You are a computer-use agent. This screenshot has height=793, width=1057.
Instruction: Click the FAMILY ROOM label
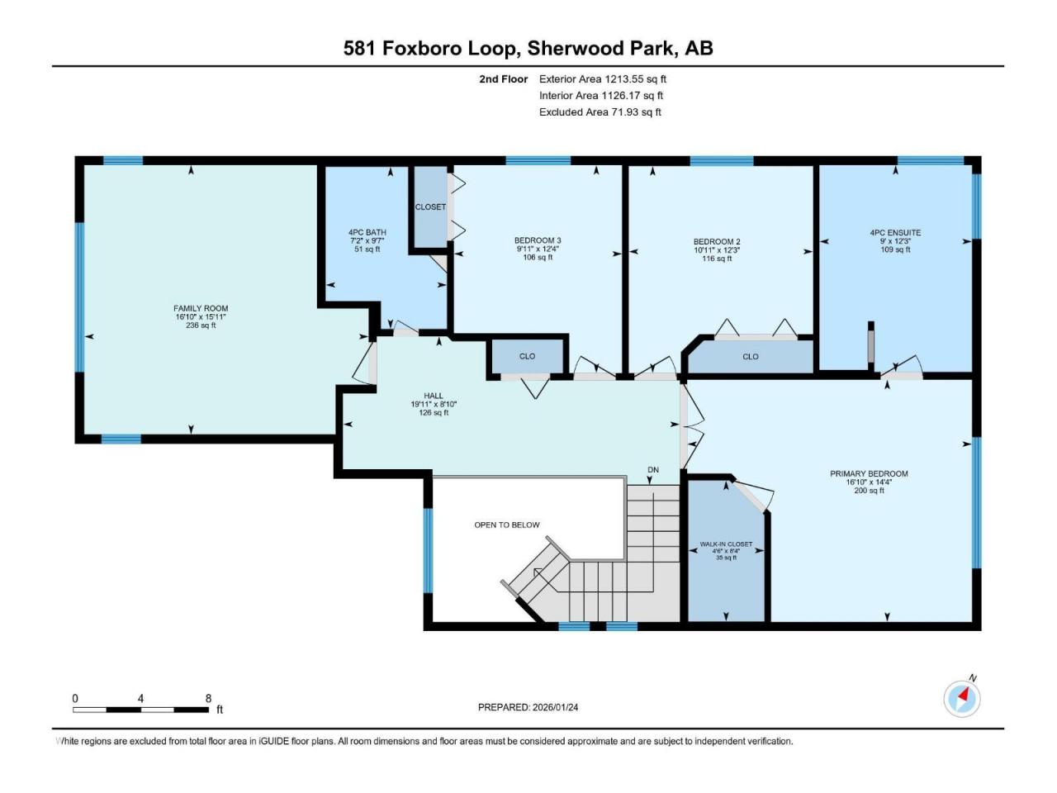tap(201, 308)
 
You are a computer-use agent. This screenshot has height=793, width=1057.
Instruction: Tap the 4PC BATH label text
tap(367, 232)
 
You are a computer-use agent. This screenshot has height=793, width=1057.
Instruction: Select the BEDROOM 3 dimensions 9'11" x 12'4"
tap(538, 249)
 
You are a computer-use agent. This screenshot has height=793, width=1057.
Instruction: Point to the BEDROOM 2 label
tap(717, 242)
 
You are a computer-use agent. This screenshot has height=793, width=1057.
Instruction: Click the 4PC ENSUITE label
tap(895, 233)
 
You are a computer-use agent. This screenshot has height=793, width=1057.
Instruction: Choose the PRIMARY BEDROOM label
tap(869, 474)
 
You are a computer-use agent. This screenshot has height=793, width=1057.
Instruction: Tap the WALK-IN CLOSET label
tap(726, 544)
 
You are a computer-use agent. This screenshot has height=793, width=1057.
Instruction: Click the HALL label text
tap(434, 396)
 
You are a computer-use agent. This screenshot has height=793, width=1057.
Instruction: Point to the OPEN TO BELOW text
tap(506, 525)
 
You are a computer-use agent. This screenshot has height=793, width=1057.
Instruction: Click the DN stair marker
tap(652, 469)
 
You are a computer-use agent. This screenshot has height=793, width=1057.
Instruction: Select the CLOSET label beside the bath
tap(430, 207)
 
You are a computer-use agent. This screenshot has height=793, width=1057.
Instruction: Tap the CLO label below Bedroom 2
tap(751, 357)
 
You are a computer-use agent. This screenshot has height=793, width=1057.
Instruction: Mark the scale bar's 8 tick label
tap(209, 699)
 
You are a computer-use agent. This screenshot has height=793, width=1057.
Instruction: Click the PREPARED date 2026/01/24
tap(555, 707)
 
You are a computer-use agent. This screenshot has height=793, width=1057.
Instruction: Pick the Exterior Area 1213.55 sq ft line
tap(603, 79)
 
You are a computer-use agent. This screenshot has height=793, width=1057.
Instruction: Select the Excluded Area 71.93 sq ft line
tap(600, 112)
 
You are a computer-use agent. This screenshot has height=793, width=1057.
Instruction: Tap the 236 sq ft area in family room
tap(201, 325)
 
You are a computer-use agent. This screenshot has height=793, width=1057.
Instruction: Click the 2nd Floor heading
tap(503, 79)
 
